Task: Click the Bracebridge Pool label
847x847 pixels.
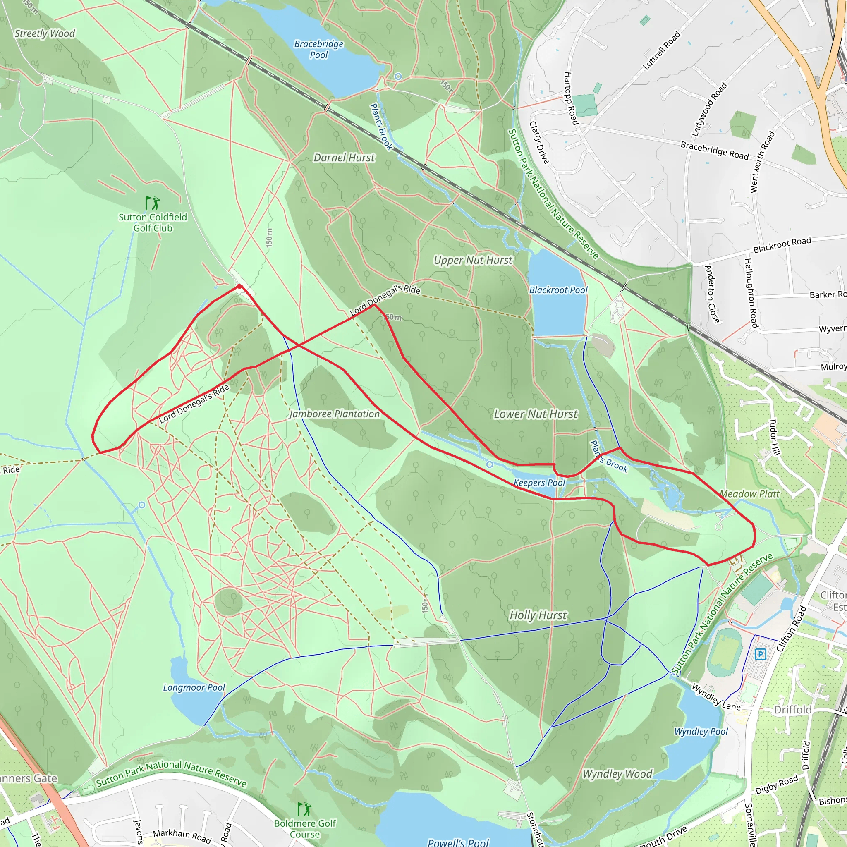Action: click(x=319, y=49)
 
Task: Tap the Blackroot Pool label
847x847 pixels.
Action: click(x=558, y=290)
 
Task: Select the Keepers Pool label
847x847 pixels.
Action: click(x=539, y=483)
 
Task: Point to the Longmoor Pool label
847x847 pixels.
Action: click(x=194, y=687)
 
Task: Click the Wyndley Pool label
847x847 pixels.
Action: click(x=701, y=731)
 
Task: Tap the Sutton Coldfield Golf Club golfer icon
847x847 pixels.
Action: click(x=152, y=203)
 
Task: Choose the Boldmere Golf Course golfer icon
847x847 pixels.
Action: click(x=304, y=809)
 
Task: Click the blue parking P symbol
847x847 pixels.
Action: click(x=760, y=655)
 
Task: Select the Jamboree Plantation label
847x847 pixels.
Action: click(x=335, y=414)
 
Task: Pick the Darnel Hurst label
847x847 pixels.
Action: click(x=344, y=158)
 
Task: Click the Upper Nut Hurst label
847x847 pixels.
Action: click(x=473, y=260)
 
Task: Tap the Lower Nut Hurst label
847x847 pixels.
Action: click(x=536, y=414)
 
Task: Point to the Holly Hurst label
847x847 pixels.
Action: click(x=538, y=615)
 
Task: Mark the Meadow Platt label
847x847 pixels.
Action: click(x=750, y=494)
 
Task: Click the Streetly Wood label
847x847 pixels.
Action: click(x=45, y=34)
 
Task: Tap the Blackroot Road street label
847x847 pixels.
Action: click(x=782, y=245)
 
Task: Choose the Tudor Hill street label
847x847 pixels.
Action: click(x=775, y=437)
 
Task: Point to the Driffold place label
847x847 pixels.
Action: click(x=793, y=710)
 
